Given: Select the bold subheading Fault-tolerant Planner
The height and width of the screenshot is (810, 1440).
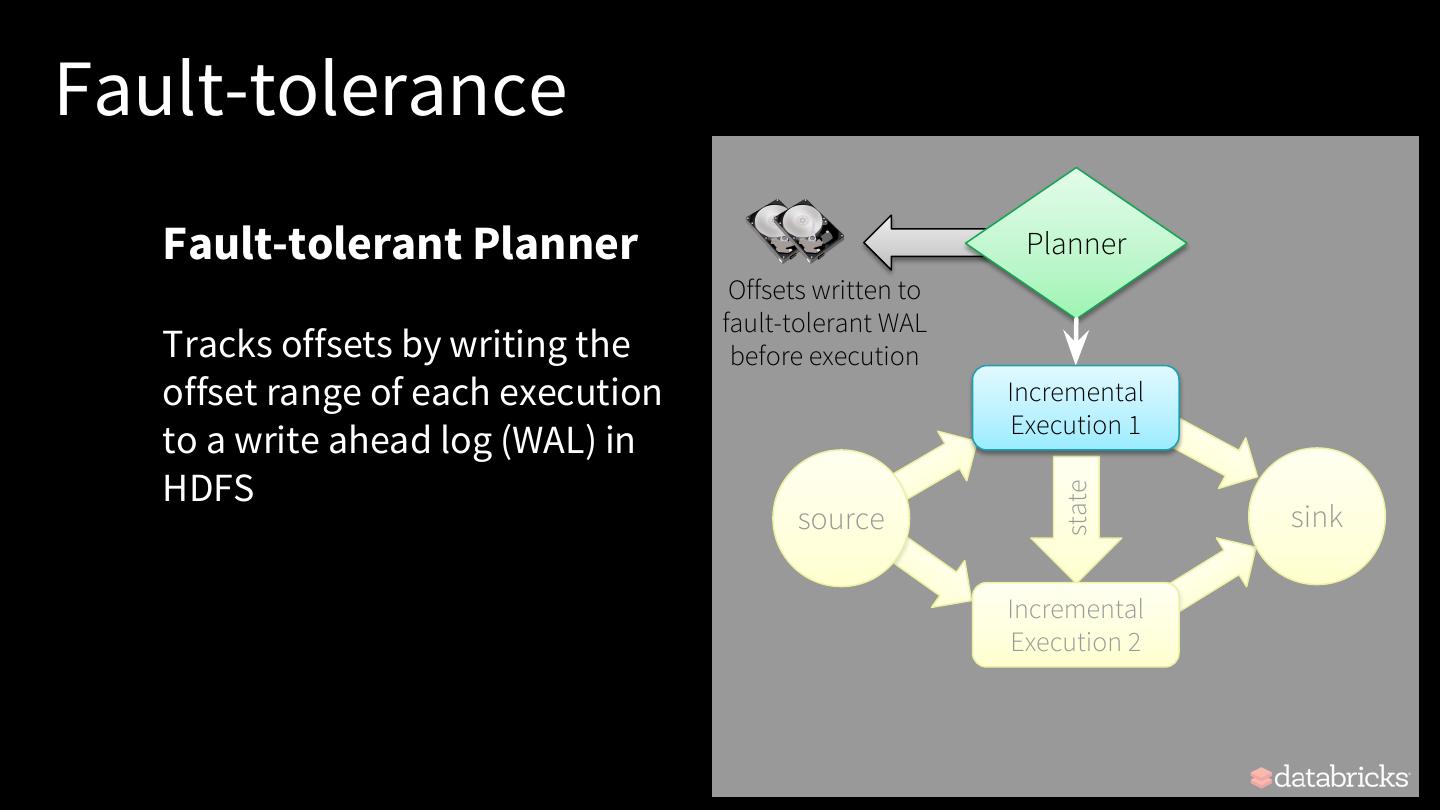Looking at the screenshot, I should (400, 243).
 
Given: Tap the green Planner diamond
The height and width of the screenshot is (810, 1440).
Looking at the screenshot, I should (1076, 243).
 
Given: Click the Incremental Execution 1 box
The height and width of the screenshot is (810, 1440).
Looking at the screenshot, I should (1076, 408).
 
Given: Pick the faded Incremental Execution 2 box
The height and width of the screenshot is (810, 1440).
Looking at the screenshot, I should (1076, 625).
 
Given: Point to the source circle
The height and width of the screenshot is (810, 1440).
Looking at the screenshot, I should (841, 518).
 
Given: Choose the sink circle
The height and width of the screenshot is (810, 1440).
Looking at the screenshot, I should (1317, 516).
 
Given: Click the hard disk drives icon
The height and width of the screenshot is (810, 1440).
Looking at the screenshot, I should (795, 232).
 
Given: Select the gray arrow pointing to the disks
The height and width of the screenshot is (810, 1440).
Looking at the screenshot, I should (915, 243).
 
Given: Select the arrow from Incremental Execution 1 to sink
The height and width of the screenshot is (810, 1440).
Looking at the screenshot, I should (1218, 455).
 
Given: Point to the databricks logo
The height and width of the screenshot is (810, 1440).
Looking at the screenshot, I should (1329, 777).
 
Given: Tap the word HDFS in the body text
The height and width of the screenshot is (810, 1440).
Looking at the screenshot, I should (208, 488).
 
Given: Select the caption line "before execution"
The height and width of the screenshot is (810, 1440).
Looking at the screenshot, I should (824, 356).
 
